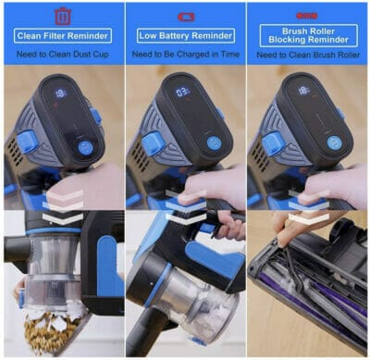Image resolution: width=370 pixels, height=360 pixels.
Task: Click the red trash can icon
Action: point(63,16)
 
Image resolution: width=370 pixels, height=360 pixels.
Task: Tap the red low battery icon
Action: point(186,17)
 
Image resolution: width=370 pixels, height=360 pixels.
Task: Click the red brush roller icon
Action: point(307,16)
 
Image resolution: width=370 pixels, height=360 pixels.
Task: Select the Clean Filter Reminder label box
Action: point(63,36)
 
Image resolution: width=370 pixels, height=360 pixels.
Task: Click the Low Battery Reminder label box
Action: point(186,36)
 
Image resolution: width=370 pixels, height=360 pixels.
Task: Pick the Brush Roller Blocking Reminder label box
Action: point(309,35)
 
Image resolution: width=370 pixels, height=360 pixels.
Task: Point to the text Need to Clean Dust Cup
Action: point(63,55)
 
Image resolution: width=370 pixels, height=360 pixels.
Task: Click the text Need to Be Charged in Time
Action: point(186,55)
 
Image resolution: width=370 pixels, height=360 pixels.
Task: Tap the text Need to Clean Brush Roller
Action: point(308,55)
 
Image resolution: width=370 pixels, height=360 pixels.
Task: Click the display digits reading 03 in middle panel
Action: point(182,93)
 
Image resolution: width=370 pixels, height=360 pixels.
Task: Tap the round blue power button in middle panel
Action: point(214,143)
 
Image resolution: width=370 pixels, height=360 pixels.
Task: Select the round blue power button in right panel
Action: point(334,143)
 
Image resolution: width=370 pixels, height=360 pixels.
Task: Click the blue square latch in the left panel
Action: point(29,142)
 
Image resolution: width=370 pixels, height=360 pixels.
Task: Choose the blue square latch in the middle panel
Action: point(153,143)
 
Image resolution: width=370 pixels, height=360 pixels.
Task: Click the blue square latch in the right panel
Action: point(273,143)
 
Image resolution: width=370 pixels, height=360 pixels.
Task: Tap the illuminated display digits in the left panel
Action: point(60,93)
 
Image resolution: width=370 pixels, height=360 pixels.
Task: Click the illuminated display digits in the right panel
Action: point(303,90)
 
